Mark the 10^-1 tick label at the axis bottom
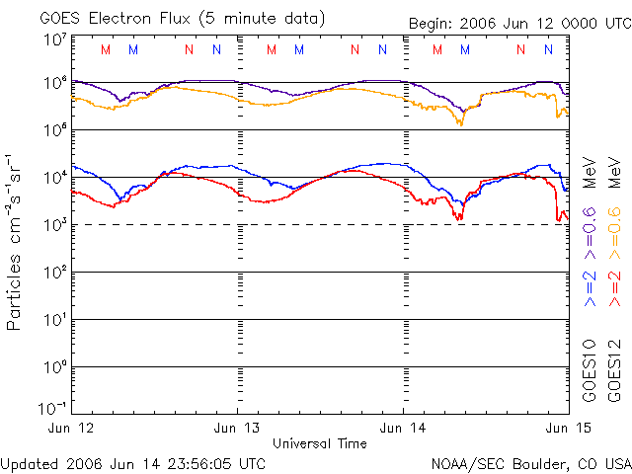click(x=52, y=408)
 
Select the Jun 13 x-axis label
click(x=238, y=428)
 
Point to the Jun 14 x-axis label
click(x=403, y=428)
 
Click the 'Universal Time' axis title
click(x=321, y=443)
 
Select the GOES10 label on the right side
click(x=590, y=371)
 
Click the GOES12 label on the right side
click(x=612, y=371)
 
